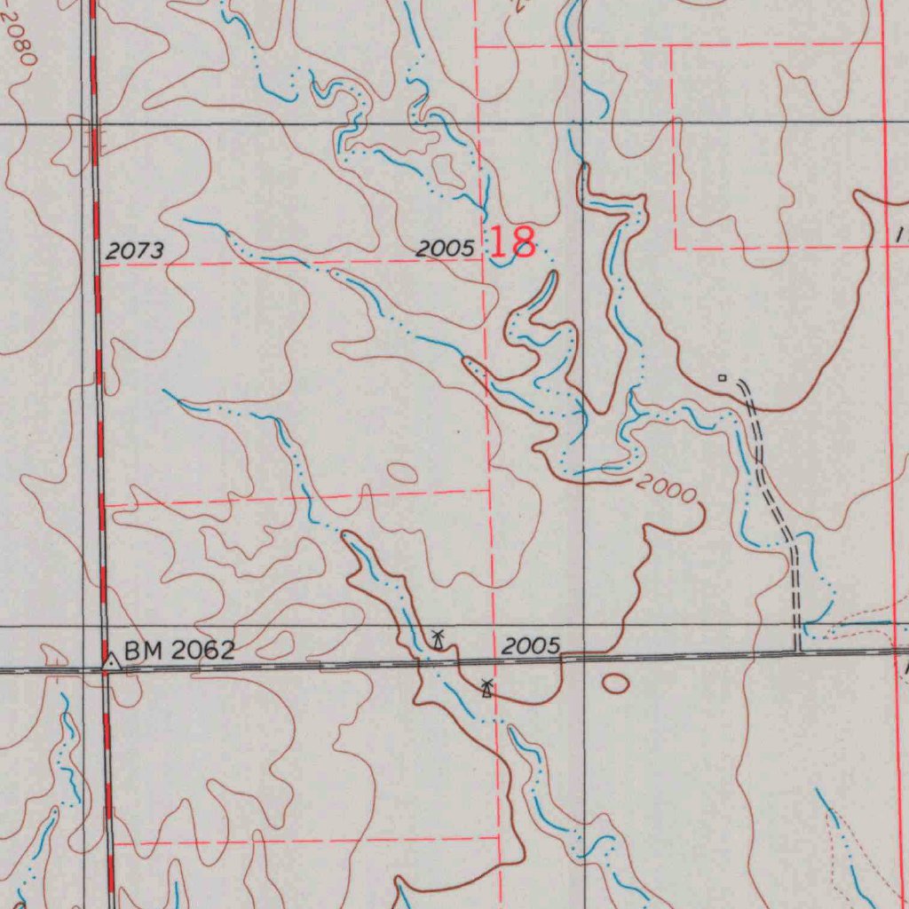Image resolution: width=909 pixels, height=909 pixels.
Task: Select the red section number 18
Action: coord(513,242)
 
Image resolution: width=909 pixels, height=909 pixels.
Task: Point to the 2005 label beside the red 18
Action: coord(446,249)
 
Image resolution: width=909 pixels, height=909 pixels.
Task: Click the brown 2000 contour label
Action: coord(667,489)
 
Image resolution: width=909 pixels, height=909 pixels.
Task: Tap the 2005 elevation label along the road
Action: coord(531,647)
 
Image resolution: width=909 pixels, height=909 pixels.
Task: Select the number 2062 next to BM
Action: coord(202,651)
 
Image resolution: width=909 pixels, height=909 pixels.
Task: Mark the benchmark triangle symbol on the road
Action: coord(110,661)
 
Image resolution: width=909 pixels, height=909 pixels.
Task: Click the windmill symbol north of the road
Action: coord(438,637)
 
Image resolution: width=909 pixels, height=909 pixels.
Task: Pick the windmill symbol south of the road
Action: coord(486,687)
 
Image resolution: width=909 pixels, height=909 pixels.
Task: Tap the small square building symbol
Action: coord(722,378)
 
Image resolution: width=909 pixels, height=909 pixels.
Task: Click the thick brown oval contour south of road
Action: coord(615,682)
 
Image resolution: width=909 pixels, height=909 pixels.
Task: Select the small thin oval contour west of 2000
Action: coord(402,473)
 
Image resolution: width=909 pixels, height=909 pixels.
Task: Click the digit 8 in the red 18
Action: coord(525,242)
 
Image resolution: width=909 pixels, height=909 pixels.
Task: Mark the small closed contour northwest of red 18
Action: coord(447,174)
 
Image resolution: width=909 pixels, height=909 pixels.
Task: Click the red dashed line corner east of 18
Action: coord(676,248)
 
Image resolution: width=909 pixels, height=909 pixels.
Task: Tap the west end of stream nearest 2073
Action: coord(185,220)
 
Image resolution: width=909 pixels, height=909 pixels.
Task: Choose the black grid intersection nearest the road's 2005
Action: coord(583,627)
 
